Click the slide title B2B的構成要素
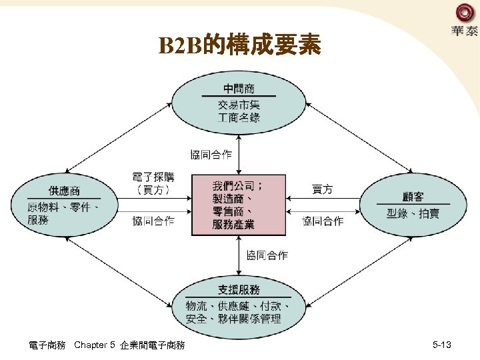click(239, 45)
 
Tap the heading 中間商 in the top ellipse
click(239, 88)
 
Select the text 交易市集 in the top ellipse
click(239, 105)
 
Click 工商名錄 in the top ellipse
click(239, 117)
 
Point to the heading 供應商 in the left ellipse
click(64, 191)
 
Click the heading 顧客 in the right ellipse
click(413, 196)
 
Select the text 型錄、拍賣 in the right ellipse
click(413, 213)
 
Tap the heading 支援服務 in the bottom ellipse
click(239, 289)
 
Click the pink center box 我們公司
click(239, 205)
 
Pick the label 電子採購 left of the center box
click(153, 177)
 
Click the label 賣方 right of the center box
click(322, 190)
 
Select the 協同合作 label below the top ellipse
click(211, 155)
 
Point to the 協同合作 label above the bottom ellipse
click(267, 255)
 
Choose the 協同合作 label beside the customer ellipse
click(323, 221)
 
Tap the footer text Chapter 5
click(95, 345)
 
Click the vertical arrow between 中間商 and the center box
click(239, 155)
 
